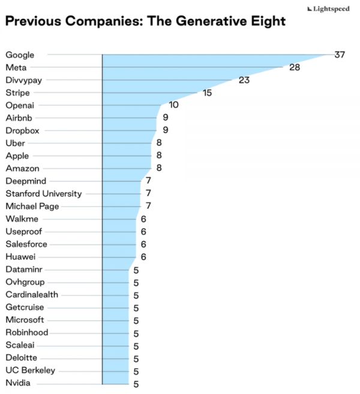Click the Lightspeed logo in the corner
328,9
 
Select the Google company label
20,55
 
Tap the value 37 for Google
340,55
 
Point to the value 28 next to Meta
294,68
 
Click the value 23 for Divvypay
244,80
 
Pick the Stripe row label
17,93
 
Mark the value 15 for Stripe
207,93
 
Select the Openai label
20,106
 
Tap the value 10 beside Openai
173,105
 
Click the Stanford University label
44,193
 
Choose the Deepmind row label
26,181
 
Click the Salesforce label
26,244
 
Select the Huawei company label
20,257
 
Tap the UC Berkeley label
30,371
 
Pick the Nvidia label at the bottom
18,383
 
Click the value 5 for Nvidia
136,384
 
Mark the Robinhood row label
27,332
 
